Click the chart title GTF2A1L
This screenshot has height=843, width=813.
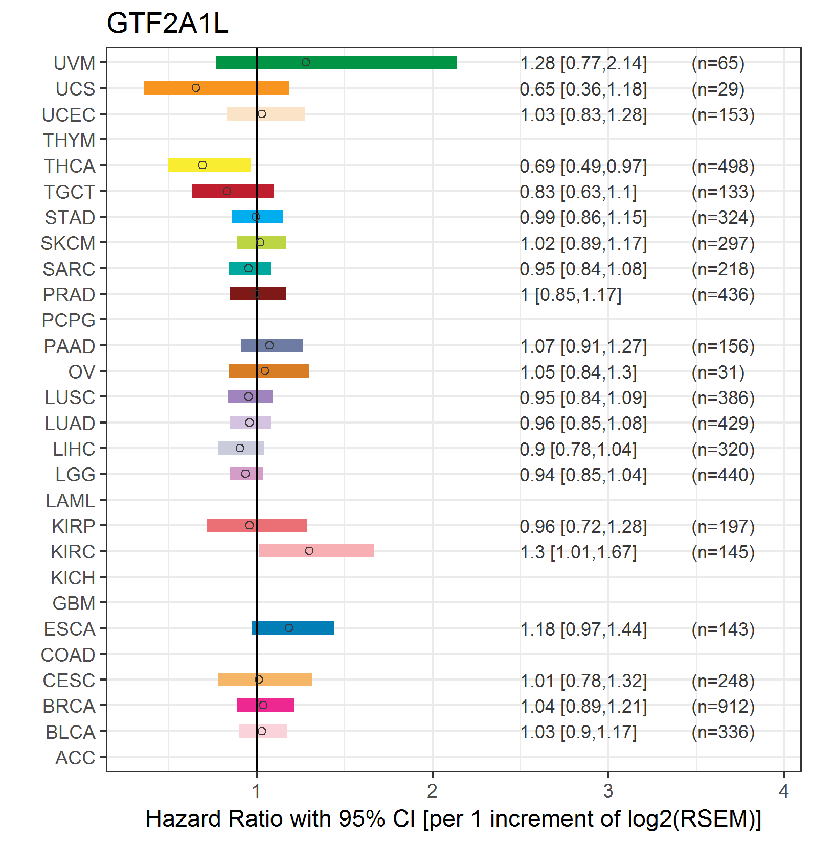click(167, 24)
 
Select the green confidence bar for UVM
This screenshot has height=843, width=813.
click(336, 62)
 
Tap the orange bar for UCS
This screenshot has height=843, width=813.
click(216, 88)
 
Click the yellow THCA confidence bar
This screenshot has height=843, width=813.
click(209, 165)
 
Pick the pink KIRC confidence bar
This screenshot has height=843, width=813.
click(317, 551)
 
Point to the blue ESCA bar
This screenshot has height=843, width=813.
click(293, 628)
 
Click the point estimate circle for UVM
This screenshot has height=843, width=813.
click(306, 62)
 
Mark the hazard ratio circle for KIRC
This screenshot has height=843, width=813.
click(309, 551)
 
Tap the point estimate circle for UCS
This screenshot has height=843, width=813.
click(196, 88)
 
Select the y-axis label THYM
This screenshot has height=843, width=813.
click(69, 140)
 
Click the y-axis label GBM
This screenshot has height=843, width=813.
click(74, 603)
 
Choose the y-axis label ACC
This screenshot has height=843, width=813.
click(75, 758)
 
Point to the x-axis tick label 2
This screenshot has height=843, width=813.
click(432, 791)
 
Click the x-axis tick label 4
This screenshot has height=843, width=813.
click(784, 791)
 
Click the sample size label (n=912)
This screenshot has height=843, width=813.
click(723, 706)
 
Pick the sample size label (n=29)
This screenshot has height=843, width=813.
click(718, 89)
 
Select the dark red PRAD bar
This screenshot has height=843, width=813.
click(258, 294)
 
